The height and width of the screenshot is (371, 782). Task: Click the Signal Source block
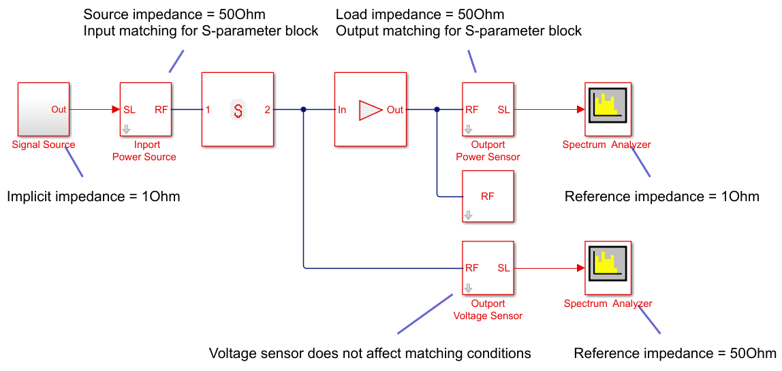[43, 109]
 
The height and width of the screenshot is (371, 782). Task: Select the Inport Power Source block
[145, 109]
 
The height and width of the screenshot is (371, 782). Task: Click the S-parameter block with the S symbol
[237, 109]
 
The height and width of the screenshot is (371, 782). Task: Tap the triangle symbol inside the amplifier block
[370, 109]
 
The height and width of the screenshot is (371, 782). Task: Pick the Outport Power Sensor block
[487, 109]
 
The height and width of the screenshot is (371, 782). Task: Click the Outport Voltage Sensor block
[487, 268]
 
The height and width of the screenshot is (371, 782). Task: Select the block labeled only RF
[487, 196]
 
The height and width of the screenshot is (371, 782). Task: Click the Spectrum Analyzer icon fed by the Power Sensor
[608, 109]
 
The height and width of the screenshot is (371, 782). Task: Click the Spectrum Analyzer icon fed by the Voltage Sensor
[608, 268]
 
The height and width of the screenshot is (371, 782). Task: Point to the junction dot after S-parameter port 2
[303, 109]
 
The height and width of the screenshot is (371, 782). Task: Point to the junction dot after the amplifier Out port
[437, 109]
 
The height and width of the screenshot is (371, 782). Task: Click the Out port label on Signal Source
[59, 109]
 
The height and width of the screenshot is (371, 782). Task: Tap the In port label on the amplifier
[342, 109]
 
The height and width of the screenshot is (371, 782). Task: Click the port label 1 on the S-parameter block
[208, 109]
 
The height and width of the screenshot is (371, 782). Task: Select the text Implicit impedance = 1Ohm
[93, 197]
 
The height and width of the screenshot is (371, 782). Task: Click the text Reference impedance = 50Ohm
[675, 353]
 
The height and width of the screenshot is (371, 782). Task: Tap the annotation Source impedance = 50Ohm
[174, 14]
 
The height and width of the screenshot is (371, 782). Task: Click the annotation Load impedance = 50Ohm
[420, 14]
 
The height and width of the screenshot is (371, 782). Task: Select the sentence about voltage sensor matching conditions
[369, 353]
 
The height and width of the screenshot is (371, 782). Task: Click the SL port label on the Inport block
[129, 109]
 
